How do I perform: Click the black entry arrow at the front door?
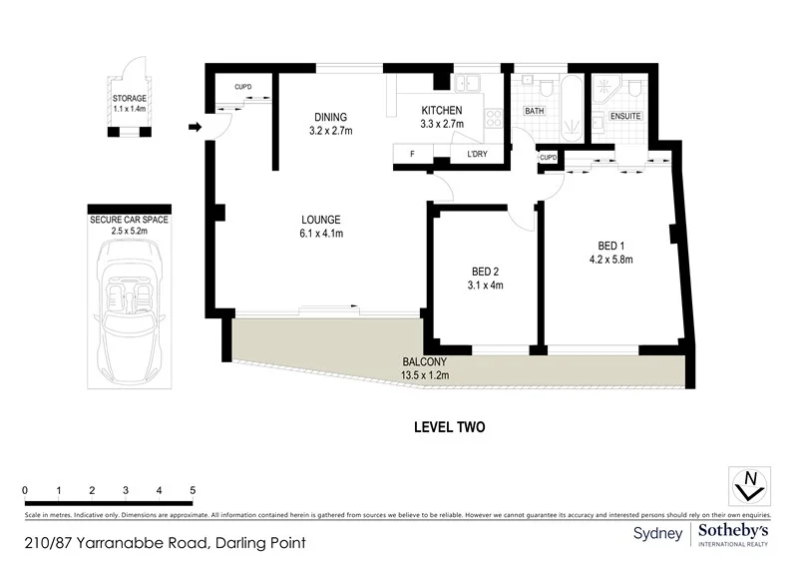(x=196, y=127)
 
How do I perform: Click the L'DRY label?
(x=477, y=155)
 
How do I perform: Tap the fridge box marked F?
(x=412, y=155)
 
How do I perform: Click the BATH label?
(x=535, y=111)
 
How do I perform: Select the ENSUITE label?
(x=624, y=117)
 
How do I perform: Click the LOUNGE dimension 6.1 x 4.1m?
(x=322, y=235)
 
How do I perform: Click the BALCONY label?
(x=425, y=361)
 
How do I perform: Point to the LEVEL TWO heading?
(x=449, y=427)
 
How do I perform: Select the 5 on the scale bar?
(x=193, y=490)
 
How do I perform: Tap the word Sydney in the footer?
(x=658, y=534)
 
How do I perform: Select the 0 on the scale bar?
(x=25, y=490)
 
